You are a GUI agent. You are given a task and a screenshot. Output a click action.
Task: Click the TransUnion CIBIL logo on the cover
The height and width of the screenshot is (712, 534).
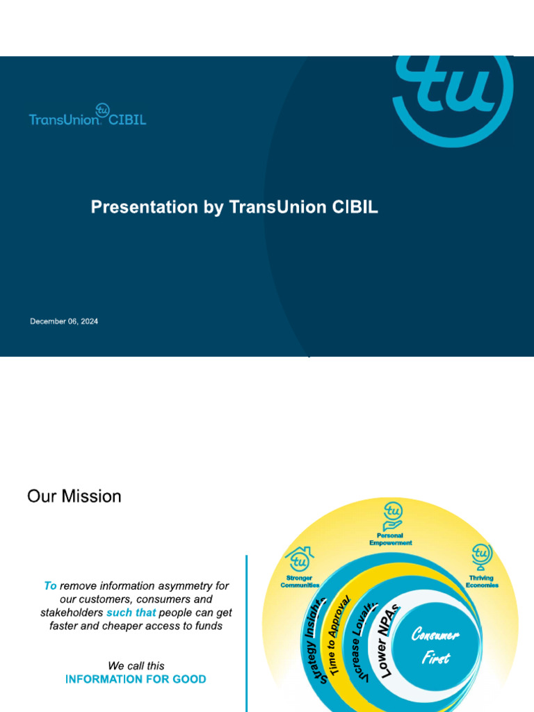pyautogui.click(x=88, y=117)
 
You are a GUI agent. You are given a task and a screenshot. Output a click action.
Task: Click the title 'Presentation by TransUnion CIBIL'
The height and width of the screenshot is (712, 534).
pyautogui.click(x=234, y=207)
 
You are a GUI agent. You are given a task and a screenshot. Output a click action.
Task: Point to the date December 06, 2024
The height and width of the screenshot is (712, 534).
pyautogui.click(x=64, y=321)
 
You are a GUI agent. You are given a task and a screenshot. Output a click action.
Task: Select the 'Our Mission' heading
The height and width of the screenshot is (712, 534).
pyautogui.click(x=74, y=496)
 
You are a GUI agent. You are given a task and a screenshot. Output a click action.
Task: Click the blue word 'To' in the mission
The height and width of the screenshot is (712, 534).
pyautogui.click(x=50, y=586)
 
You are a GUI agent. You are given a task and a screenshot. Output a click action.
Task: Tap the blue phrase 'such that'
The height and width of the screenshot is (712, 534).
pyautogui.click(x=131, y=613)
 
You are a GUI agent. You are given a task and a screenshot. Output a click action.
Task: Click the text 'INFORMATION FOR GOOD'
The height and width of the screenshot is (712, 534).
pyautogui.click(x=136, y=679)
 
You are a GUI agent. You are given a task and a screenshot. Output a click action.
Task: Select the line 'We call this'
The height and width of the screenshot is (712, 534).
pyautogui.click(x=136, y=665)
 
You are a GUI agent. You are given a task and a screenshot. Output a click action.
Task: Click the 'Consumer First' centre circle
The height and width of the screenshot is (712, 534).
pyautogui.click(x=436, y=645)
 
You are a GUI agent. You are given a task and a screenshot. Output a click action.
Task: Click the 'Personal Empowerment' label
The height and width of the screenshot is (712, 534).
pyautogui.click(x=391, y=539)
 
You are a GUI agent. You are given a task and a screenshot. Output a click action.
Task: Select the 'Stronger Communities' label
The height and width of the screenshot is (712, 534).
pyautogui.click(x=300, y=581)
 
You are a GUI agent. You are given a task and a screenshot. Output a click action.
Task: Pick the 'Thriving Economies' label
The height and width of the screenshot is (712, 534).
pyautogui.click(x=481, y=581)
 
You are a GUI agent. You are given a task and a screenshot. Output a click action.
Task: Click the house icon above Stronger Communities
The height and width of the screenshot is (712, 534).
pyautogui.click(x=299, y=558)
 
